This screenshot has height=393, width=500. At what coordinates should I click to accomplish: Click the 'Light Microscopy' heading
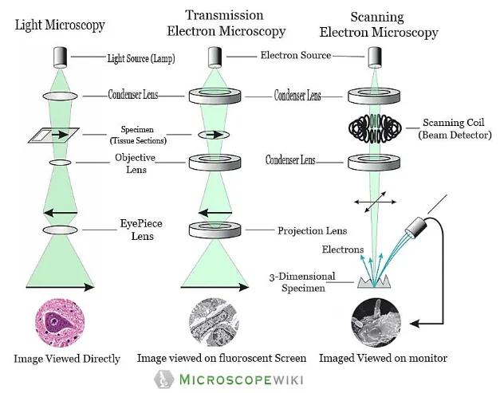point(60,25)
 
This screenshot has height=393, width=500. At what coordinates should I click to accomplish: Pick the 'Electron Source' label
point(295,56)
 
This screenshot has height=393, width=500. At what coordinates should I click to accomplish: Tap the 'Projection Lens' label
point(312,231)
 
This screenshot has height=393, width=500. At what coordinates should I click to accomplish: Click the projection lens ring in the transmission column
point(215,230)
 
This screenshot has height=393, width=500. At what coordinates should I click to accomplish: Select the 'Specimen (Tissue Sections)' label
point(145,134)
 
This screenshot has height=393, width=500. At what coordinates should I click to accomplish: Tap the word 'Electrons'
point(343,250)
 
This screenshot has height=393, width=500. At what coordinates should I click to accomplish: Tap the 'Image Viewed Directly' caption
point(67,359)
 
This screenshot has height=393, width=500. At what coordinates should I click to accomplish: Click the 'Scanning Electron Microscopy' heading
point(378,25)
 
